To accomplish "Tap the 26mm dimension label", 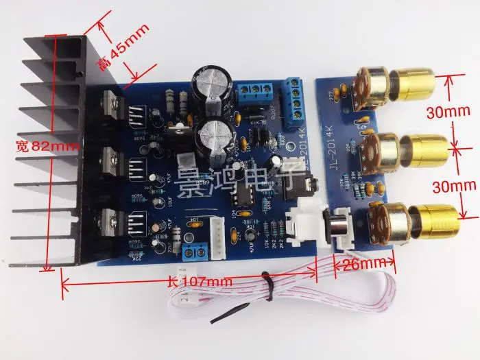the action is click(x=361, y=262).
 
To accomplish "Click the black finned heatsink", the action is click(x=58, y=144).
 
